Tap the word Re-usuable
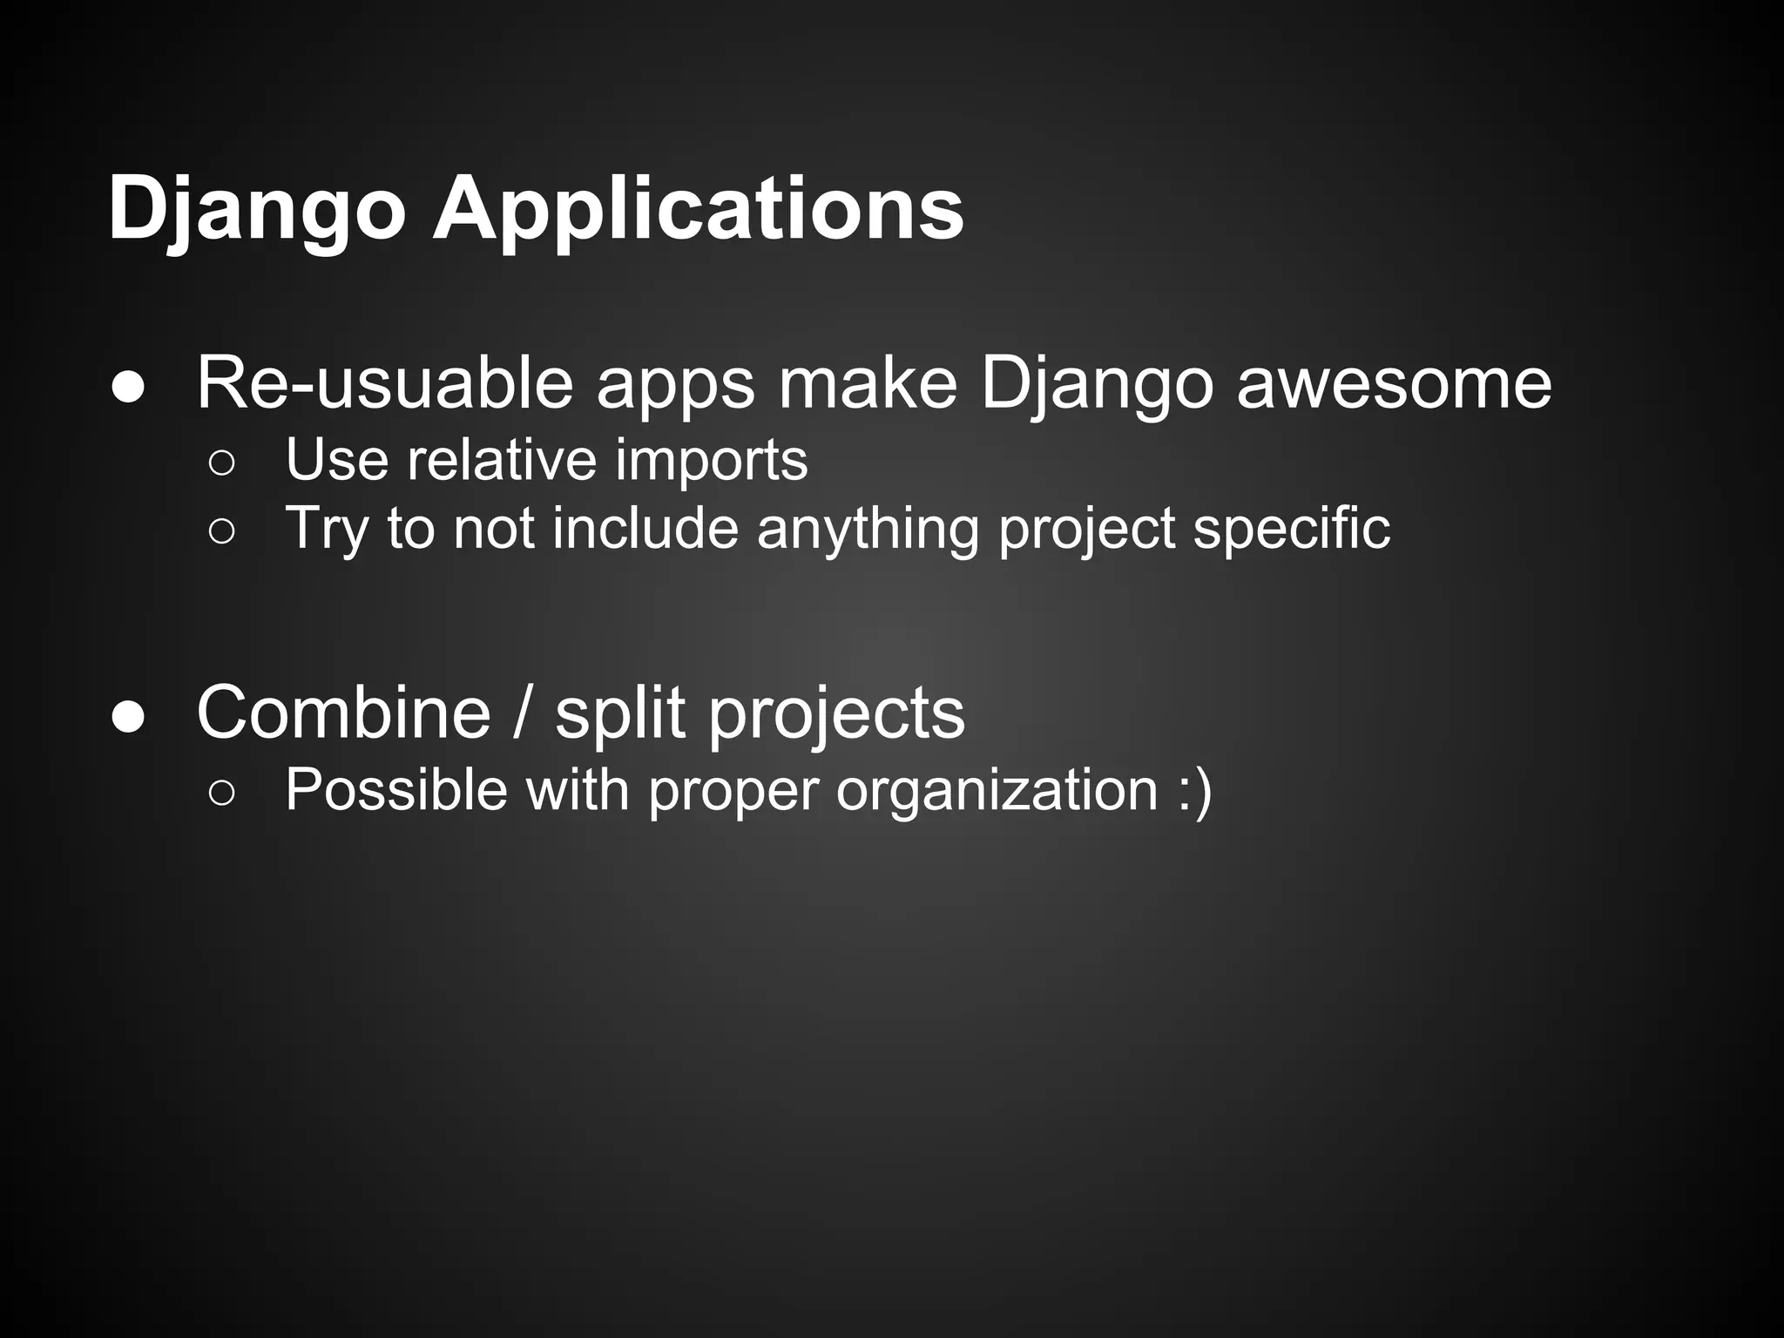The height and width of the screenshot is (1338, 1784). click(x=384, y=383)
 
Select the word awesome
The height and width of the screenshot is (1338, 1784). click(x=1394, y=383)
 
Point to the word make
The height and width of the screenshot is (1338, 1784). click(x=867, y=383)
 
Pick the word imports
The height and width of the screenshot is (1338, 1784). click(x=711, y=459)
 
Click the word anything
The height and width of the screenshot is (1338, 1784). click(x=868, y=529)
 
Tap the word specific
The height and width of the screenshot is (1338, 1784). click(x=1291, y=529)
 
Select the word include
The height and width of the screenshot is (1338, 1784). click(x=645, y=529)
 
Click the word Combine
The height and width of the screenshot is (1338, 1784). click(x=344, y=713)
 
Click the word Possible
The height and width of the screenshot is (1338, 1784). click(x=395, y=790)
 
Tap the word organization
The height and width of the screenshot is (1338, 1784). click(x=997, y=790)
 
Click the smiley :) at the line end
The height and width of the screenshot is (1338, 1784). click(x=1193, y=790)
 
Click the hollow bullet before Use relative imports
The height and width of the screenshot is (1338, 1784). click(x=222, y=464)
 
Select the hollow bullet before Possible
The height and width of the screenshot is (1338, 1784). click(x=222, y=794)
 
